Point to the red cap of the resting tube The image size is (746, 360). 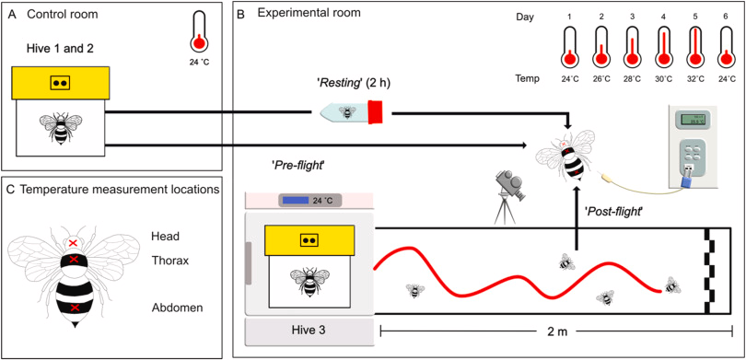[378, 113]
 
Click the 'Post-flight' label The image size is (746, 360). [613, 211]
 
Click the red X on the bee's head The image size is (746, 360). [74, 243]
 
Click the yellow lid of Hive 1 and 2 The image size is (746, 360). [61, 83]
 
